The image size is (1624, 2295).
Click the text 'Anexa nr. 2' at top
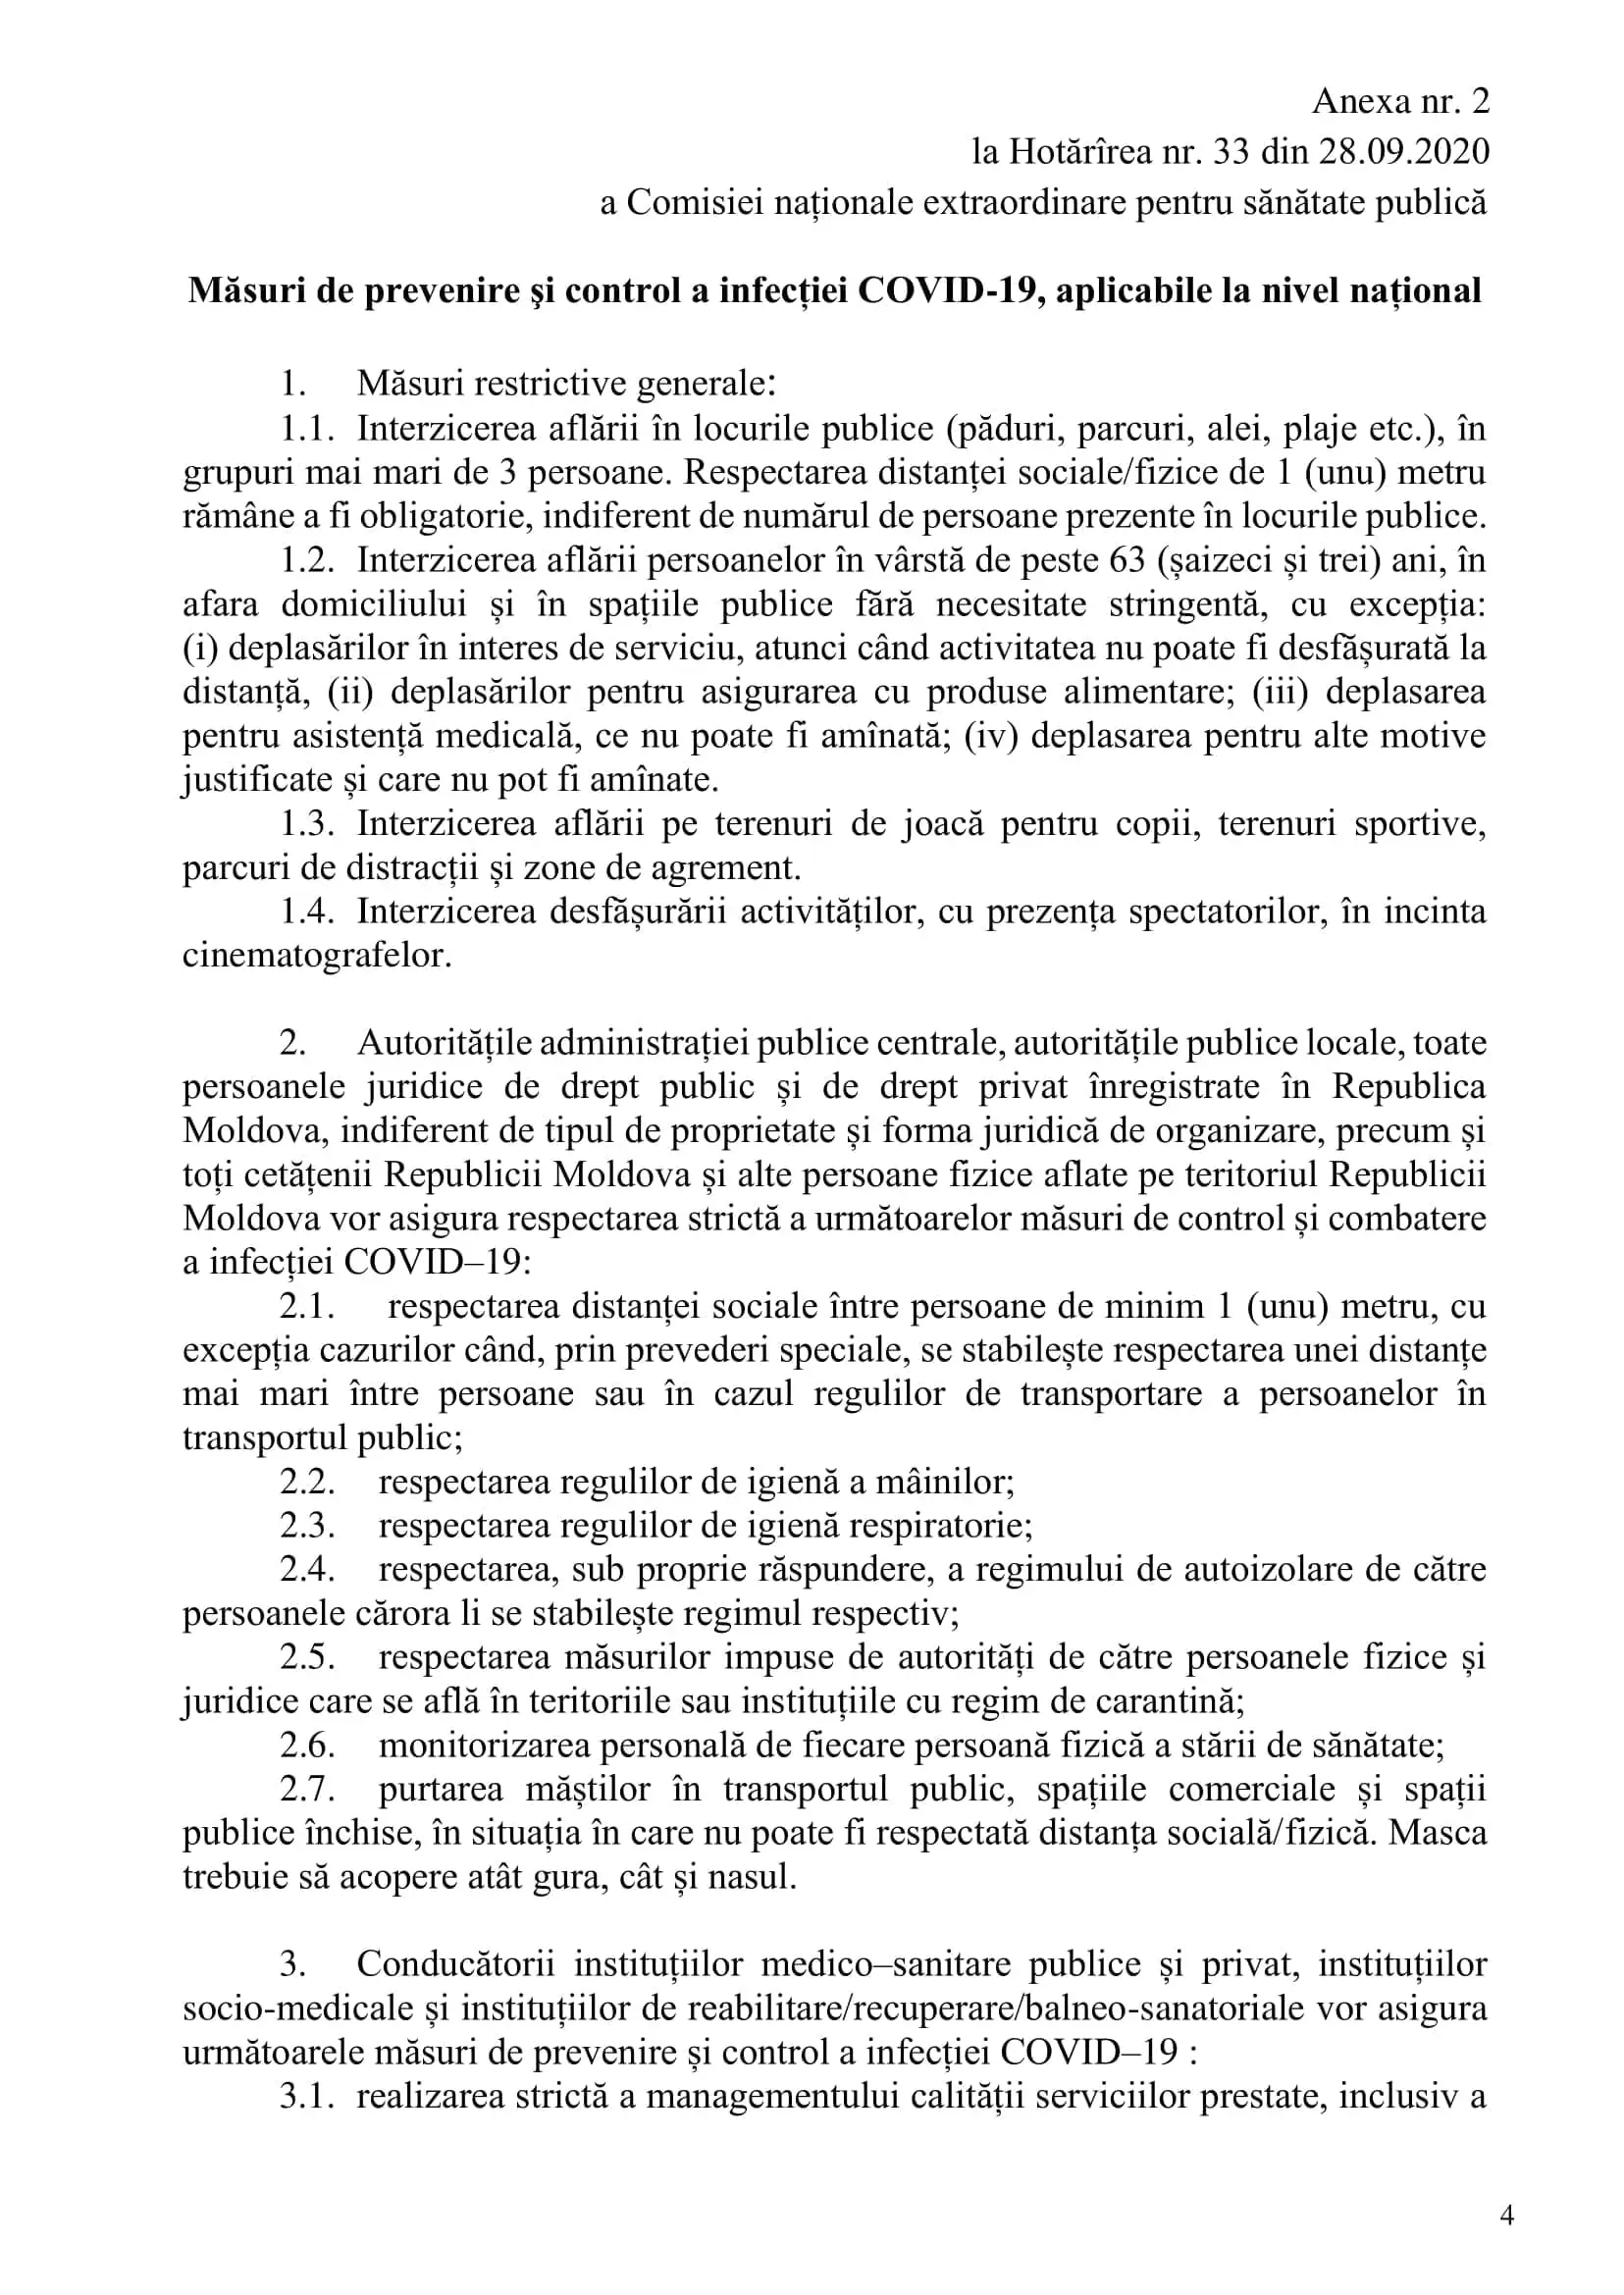pyautogui.click(x=1400, y=102)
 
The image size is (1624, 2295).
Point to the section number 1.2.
pyautogui.click(x=307, y=561)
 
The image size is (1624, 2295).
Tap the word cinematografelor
pyautogui.click(x=316, y=956)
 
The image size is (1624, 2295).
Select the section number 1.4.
pyautogui.click(x=307, y=912)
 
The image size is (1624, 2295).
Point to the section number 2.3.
pyautogui.click(x=307, y=1526)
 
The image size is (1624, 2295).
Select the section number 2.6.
pyautogui.click(x=307, y=1746)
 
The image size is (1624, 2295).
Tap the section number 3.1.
pyautogui.click(x=306, y=2097)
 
